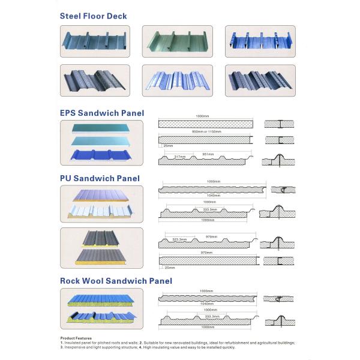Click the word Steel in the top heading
[x=71, y=16]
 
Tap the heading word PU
[x=67, y=178]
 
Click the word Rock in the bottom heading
[x=72, y=280]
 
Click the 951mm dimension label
[x=208, y=153]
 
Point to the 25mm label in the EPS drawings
[x=167, y=146]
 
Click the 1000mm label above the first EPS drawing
[x=204, y=116]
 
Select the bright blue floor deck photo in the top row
[x=259, y=41]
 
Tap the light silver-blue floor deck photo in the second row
[x=178, y=80]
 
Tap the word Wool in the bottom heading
[x=99, y=280]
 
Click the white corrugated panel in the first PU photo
[x=101, y=210]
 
